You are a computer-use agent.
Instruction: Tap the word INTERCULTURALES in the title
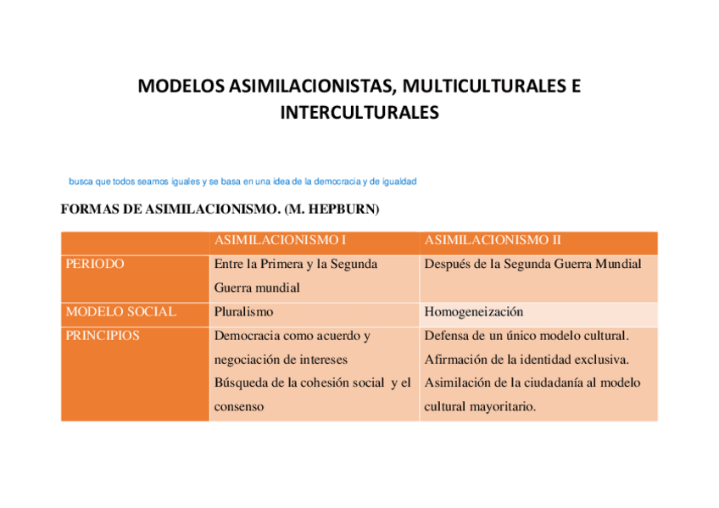tap(359, 112)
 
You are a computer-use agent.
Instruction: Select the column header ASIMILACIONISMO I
tap(281, 240)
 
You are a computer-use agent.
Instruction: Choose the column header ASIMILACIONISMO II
tap(493, 240)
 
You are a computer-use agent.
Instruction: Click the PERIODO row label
tap(94, 264)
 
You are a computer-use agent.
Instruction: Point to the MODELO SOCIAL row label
tap(120, 311)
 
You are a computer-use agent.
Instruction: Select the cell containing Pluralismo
tap(243, 311)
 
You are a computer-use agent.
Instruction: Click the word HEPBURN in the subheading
tap(344, 209)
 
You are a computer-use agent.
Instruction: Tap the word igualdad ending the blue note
tap(399, 181)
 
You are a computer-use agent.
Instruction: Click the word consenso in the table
tap(238, 406)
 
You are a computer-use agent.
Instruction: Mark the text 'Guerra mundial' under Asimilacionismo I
tap(257, 287)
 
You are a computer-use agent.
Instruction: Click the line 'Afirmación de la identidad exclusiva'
tap(526, 359)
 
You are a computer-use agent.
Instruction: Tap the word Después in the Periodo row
tap(447, 264)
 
